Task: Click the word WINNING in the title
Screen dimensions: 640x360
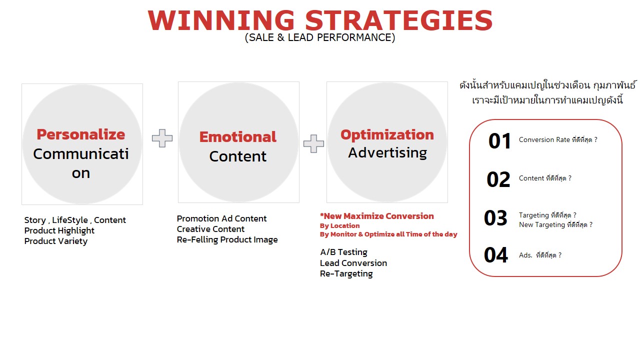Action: (221, 20)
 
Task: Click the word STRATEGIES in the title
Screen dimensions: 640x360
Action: (399, 20)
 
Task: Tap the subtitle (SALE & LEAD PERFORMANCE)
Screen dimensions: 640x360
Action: (320, 37)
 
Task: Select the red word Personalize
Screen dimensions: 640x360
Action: (81, 134)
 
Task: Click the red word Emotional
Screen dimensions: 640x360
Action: (237, 136)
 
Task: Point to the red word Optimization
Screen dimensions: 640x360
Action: (387, 135)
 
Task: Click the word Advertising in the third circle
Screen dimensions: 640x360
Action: (387, 153)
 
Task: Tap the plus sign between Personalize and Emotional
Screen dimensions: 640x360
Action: (162, 138)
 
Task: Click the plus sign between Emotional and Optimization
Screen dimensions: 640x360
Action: (313, 143)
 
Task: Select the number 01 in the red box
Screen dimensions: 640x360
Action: (499, 141)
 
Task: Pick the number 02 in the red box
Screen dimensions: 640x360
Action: (498, 179)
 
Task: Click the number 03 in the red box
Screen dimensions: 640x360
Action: (495, 218)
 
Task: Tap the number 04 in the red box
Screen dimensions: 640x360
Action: (496, 255)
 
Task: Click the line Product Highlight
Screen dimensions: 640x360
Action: (59, 230)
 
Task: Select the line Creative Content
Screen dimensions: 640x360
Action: (210, 229)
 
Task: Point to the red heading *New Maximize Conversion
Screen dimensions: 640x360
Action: (377, 216)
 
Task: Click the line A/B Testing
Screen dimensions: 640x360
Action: (343, 252)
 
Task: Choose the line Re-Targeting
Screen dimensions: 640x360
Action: (346, 273)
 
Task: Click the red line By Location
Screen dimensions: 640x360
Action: (339, 225)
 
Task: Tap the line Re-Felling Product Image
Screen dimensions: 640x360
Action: (227, 239)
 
